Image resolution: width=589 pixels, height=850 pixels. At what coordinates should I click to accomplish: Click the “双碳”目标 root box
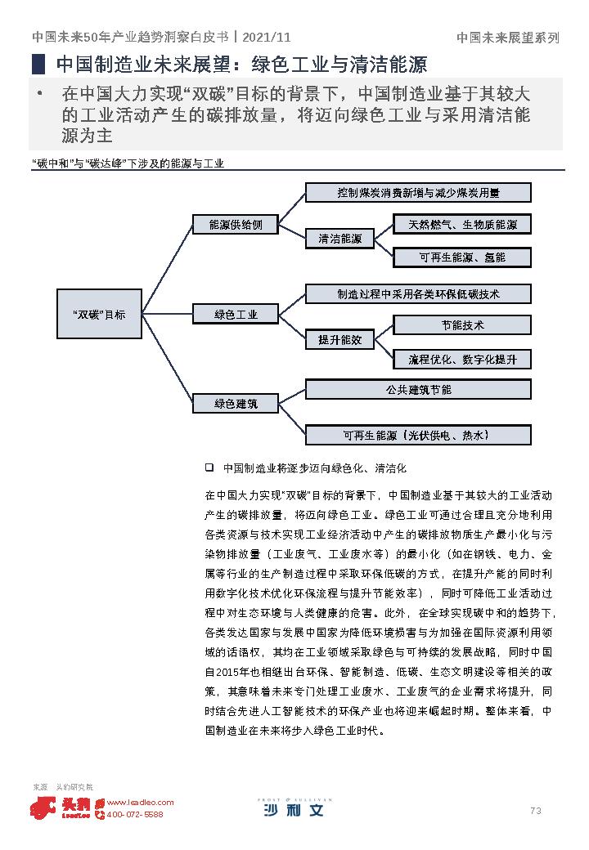98,314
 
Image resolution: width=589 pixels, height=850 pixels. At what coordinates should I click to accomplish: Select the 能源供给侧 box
236,224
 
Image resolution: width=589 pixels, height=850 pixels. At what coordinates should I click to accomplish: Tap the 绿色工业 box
236,314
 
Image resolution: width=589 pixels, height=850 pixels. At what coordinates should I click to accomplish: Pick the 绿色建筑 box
236,403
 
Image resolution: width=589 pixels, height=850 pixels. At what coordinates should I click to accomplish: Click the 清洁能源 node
339,239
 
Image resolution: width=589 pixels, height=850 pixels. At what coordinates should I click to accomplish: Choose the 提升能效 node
339,339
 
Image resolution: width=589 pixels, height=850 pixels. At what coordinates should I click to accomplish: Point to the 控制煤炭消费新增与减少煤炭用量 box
418,193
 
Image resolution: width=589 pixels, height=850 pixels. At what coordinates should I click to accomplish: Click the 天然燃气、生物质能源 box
462,224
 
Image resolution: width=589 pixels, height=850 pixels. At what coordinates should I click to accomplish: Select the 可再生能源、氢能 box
462,257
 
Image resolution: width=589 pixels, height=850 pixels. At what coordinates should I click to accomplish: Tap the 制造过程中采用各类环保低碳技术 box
418,293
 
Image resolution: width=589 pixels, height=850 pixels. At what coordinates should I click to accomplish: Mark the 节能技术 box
462,324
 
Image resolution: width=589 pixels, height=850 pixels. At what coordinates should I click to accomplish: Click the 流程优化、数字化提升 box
462,359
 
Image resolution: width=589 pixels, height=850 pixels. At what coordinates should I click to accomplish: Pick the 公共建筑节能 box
418,390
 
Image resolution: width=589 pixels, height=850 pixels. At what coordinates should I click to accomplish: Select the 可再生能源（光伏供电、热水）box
418,435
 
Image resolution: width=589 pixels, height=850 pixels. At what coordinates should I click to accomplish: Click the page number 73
536,811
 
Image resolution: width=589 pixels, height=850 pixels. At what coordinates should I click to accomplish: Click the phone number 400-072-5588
134,815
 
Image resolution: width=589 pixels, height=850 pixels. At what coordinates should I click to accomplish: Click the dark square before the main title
38,65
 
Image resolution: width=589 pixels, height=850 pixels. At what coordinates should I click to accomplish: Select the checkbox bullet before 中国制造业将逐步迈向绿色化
209,468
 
